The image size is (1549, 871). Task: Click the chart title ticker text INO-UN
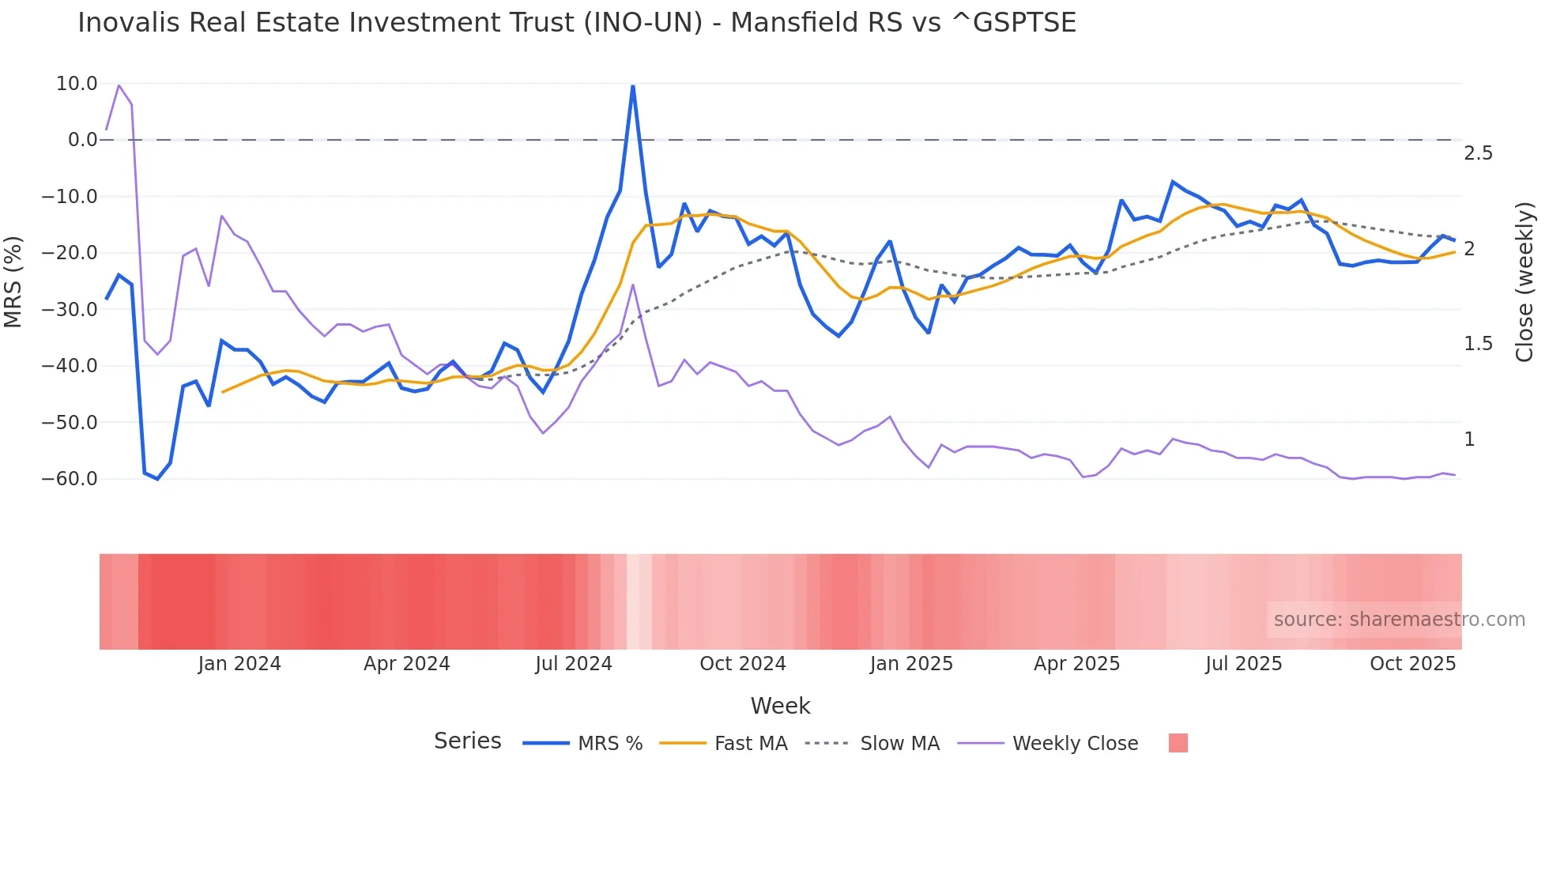[x=643, y=23]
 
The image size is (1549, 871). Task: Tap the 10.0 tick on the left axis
[x=77, y=84]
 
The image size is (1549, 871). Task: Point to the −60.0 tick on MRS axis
[x=70, y=479]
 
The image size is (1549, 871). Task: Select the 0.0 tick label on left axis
[x=82, y=140]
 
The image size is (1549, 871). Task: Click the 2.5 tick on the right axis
[x=1478, y=153]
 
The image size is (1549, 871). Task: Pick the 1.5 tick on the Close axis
[x=1478, y=344]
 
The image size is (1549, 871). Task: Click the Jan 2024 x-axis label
[x=239, y=664]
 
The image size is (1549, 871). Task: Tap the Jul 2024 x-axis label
[x=574, y=664]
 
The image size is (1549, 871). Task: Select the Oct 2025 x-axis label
[x=1412, y=664]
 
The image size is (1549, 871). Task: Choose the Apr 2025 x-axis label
[x=1076, y=664]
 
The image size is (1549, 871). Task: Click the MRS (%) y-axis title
[x=13, y=281]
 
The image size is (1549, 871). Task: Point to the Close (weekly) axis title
[x=1525, y=281]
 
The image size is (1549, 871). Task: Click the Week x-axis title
[x=780, y=706]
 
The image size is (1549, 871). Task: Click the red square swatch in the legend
[x=1178, y=743]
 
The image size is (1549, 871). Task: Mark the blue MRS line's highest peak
[x=632, y=86]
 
